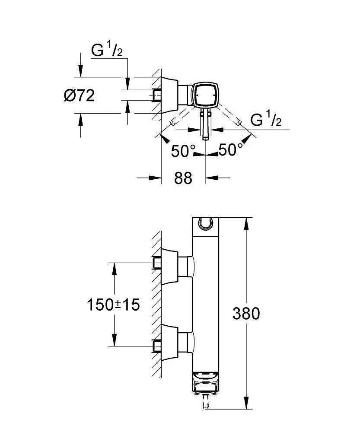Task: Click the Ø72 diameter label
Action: coord(79,95)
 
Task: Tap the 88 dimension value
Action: coord(183,177)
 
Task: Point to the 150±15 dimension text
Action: coord(114,305)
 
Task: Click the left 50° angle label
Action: coord(183,151)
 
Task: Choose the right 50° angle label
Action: coord(230,150)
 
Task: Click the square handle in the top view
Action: coord(205,95)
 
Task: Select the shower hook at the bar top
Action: coord(205,224)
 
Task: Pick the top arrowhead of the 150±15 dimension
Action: coord(114,268)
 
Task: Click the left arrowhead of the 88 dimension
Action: coord(155,177)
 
